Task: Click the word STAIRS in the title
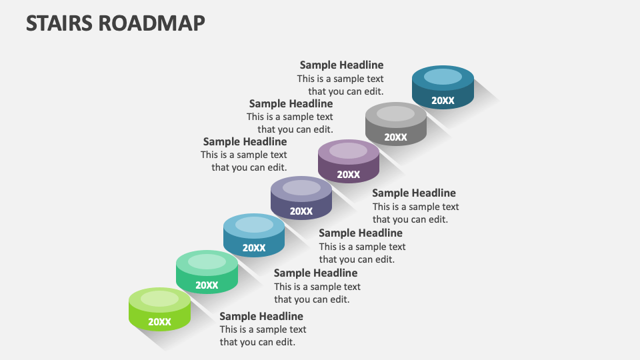coord(59,23)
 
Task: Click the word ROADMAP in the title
coord(151,23)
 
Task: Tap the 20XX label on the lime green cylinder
coord(160,322)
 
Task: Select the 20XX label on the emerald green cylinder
coord(207,285)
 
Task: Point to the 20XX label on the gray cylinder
coord(395,137)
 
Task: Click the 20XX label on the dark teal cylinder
coord(443,101)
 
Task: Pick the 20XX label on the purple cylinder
coord(348,175)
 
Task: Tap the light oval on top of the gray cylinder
coord(395,114)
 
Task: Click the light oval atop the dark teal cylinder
coord(443,77)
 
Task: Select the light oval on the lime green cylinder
coord(160,299)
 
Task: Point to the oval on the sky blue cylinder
coord(254,225)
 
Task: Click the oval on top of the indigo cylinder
coord(301,188)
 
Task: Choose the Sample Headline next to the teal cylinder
coord(341,65)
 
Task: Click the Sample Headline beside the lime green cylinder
coord(261,316)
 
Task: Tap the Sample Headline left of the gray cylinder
coord(291,103)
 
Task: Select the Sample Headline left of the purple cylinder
coord(245,141)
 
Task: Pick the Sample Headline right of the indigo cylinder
coord(414,193)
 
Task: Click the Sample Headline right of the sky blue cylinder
coord(361,233)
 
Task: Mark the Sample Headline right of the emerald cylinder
coord(315,273)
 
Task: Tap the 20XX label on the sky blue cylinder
coord(254,248)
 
